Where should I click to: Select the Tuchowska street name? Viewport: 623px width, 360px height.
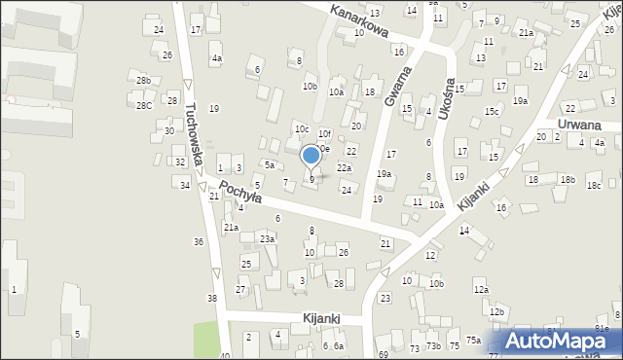pyautogui.click(x=195, y=133)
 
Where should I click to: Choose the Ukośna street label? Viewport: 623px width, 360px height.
pyautogui.click(x=447, y=98)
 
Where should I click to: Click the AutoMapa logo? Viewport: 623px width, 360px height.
pyautogui.click(x=559, y=341)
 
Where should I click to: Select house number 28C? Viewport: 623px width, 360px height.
pyautogui.click(x=144, y=105)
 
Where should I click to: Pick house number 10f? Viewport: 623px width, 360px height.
pyautogui.click(x=324, y=133)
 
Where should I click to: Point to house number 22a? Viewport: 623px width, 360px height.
pyautogui.click(x=344, y=167)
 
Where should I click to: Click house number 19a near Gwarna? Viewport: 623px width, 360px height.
pyautogui.click(x=385, y=174)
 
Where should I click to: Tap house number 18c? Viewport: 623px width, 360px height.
pyautogui.click(x=594, y=185)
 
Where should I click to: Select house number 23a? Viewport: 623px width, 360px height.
pyautogui.click(x=267, y=238)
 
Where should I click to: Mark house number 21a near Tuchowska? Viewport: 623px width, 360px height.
pyautogui.click(x=231, y=227)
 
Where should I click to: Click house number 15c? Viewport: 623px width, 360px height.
pyautogui.click(x=493, y=111)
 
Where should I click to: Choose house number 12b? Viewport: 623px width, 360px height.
pyautogui.click(x=497, y=311)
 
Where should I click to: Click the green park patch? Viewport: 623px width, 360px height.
pyautogui.click(x=206, y=339)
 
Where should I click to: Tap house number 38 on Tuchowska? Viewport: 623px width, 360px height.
pyautogui.click(x=211, y=298)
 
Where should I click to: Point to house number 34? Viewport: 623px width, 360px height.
pyautogui.click(x=184, y=185)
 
